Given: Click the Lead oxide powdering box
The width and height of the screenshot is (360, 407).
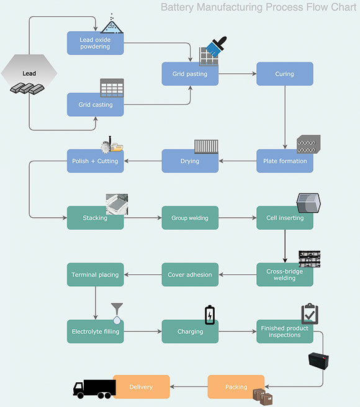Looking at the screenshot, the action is click(x=96, y=43).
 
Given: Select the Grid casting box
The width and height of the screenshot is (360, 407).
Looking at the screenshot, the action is click(x=96, y=105).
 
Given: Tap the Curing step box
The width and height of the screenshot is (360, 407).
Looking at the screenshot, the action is click(x=285, y=74).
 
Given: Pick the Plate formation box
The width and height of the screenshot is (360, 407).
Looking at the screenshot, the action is click(x=285, y=161).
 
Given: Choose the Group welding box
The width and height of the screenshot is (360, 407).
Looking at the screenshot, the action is click(x=190, y=218).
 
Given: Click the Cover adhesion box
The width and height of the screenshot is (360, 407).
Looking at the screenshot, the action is click(x=190, y=275).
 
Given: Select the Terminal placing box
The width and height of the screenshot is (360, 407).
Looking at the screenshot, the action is click(x=96, y=275).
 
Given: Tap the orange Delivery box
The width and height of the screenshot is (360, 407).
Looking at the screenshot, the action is click(x=142, y=387).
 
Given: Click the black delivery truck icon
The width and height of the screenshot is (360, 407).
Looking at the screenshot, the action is click(x=94, y=389).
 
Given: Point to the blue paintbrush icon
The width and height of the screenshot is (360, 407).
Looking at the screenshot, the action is click(x=217, y=47).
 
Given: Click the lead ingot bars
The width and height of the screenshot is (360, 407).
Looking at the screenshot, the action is click(x=27, y=89).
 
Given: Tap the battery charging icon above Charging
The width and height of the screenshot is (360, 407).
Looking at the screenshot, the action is click(x=210, y=315).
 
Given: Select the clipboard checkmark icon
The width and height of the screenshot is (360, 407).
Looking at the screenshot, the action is click(x=310, y=313).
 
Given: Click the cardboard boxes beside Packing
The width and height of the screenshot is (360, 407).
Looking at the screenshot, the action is click(x=263, y=397).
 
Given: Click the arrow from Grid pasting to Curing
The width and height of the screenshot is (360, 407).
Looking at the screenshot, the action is click(x=237, y=74).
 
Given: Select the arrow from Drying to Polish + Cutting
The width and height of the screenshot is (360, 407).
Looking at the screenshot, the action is click(x=143, y=161).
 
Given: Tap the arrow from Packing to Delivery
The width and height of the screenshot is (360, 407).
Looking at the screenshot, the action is click(x=189, y=387).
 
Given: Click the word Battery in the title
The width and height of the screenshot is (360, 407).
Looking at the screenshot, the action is click(x=177, y=7).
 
